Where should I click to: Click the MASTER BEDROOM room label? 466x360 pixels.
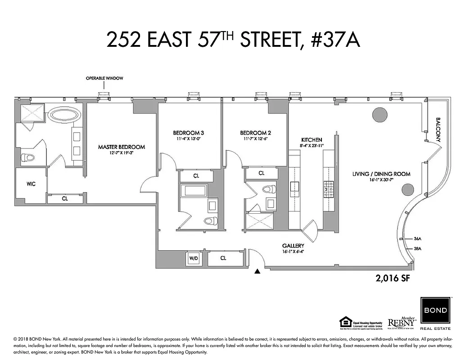(x=122, y=147)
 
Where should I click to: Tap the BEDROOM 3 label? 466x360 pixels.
(x=189, y=133)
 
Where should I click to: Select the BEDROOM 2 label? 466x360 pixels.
(x=255, y=133)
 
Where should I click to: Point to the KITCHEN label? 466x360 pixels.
(x=311, y=139)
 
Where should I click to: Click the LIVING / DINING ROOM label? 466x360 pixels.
(x=381, y=174)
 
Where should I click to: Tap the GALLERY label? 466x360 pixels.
(x=293, y=246)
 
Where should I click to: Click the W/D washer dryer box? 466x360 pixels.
(x=193, y=258)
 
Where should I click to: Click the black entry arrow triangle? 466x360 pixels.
(x=257, y=271)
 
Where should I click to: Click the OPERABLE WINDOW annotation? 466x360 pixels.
(x=104, y=78)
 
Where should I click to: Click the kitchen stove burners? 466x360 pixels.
(x=327, y=189)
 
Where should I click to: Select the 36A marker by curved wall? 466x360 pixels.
(x=417, y=239)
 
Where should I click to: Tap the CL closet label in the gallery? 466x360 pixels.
(x=223, y=258)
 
